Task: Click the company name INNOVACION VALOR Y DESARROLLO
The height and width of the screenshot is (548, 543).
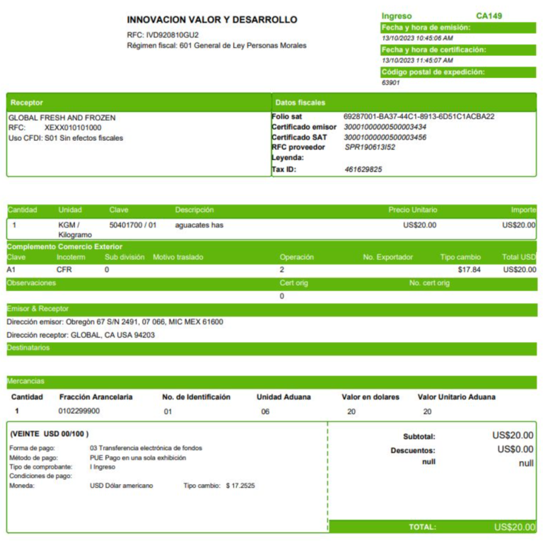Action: click(x=212, y=20)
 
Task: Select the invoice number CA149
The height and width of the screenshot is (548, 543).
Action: click(x=489, y=16)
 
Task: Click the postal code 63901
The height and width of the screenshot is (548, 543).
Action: click(x=391, y=82)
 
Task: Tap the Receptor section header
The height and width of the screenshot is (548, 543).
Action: click(x=27, y=103)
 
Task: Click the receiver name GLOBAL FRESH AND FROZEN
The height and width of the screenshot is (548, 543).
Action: click(x=62, y=118)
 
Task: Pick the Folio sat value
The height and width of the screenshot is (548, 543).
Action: click(x=419, y=117)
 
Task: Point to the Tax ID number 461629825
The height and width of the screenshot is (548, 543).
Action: click(x=363, y=169)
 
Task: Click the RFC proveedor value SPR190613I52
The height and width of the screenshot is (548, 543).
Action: click(x=370, y=147)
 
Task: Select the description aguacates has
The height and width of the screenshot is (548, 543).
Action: click(x=199, y=225)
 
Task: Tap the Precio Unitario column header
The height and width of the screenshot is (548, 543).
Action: click(x=413, y=210)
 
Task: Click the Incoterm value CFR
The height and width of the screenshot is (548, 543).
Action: click(x=64, y=270)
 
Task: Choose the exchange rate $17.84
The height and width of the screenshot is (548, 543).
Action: click(x=469, y=270)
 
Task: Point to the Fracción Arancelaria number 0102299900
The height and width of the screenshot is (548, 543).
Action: click(x=79, y=411)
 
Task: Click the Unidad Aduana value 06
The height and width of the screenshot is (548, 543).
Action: click(x=265, y=411)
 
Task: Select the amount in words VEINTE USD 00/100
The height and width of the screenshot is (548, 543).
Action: click(x=49, y=434)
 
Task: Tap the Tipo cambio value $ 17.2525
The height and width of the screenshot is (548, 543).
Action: click(x=240, y=486)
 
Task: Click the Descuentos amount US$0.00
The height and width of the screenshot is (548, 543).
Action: click(x=515, y=450)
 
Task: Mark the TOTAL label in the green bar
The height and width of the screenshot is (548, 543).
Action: click(x=422, y=527)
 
